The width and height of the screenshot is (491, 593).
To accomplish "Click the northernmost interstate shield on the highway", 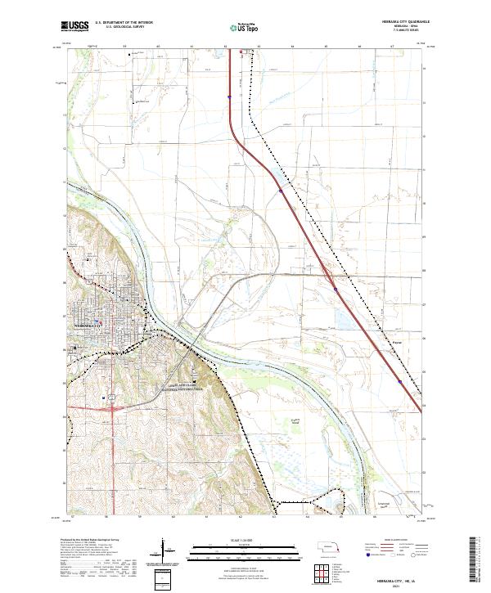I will point(230,97).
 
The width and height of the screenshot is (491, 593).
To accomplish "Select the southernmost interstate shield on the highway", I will point(399,381).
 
